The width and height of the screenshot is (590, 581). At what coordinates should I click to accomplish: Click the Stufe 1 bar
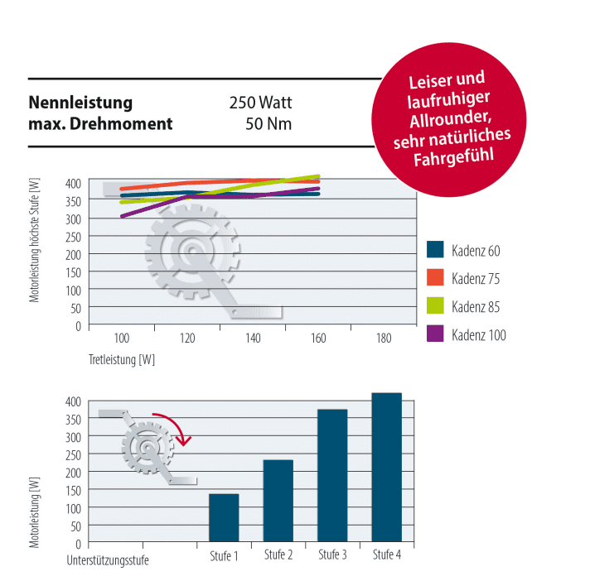click(224, 518)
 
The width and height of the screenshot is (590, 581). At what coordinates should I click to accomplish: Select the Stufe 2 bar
click(278, 502)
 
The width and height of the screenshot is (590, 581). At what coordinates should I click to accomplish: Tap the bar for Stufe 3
click(332, 476)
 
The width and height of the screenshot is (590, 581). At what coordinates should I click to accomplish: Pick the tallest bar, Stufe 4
click(386, 468)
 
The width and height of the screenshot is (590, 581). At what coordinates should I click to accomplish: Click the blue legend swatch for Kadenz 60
click(436, 250)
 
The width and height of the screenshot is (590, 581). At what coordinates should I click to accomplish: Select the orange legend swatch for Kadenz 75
click(436, 278)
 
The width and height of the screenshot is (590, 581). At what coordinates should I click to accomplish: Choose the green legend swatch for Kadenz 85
click(436, 306)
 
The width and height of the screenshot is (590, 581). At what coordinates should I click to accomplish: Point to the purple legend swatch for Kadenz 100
click(436, 334)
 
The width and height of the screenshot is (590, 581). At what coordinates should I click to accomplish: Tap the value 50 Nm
click(268, 125)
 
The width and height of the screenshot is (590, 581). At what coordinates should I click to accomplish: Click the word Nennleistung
click(80, 103)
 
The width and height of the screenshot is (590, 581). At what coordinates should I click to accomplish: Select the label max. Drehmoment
click(100, 125)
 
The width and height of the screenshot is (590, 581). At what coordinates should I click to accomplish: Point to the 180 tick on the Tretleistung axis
click(383, 339)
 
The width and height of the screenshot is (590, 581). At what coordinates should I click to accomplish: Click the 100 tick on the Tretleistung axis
click(122, 339)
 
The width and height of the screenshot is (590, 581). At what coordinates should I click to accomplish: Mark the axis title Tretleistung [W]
click(122, 360)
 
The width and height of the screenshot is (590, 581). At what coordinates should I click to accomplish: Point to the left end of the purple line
click(123, 216)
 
